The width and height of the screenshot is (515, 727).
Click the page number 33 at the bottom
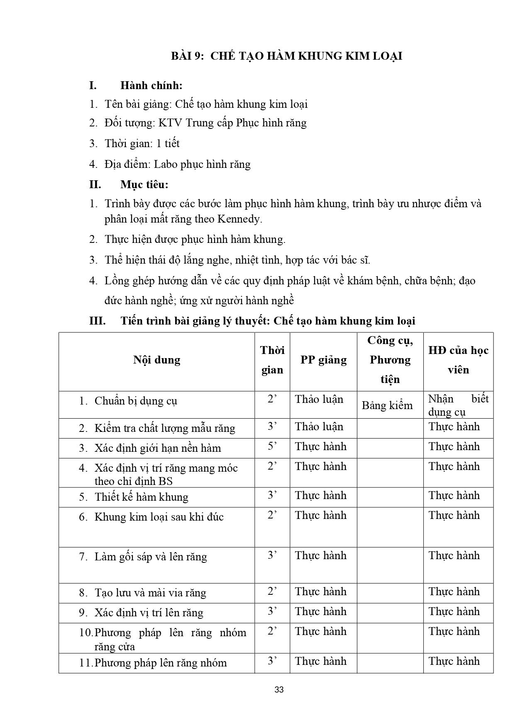coord(279,690)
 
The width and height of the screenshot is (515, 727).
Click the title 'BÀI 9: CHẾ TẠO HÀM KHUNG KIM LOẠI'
coord(286,56)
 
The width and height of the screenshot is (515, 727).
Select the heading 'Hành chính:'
coord(151,85)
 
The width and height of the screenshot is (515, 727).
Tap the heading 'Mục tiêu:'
coord(144,184)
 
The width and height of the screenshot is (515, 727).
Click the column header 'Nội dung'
coord(156,360)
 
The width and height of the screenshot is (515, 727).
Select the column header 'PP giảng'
coord(323,360)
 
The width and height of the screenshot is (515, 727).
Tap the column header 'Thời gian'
coord(272,360)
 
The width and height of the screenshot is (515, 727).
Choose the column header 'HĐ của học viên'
coord(458,360)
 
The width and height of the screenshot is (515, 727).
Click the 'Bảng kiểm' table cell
coord(387,405)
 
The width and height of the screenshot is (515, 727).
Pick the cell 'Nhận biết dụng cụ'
coord(458,405)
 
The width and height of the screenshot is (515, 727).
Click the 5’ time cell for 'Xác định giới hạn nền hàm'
coord(272,446)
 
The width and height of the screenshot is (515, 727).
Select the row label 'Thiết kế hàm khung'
coord(141,497)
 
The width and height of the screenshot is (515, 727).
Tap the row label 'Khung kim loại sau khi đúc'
coord(159,517)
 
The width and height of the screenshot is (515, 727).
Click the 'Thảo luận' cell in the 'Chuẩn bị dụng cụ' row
coord(319,399)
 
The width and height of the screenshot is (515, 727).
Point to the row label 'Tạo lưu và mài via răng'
coord(150,593)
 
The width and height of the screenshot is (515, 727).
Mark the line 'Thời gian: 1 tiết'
coord(142,143)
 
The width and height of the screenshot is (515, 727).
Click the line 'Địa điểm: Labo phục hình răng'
coord(177,164)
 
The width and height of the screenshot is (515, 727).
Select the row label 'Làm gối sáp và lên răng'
coord(151,557)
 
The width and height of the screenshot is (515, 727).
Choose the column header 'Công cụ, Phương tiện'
coord(390,360)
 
